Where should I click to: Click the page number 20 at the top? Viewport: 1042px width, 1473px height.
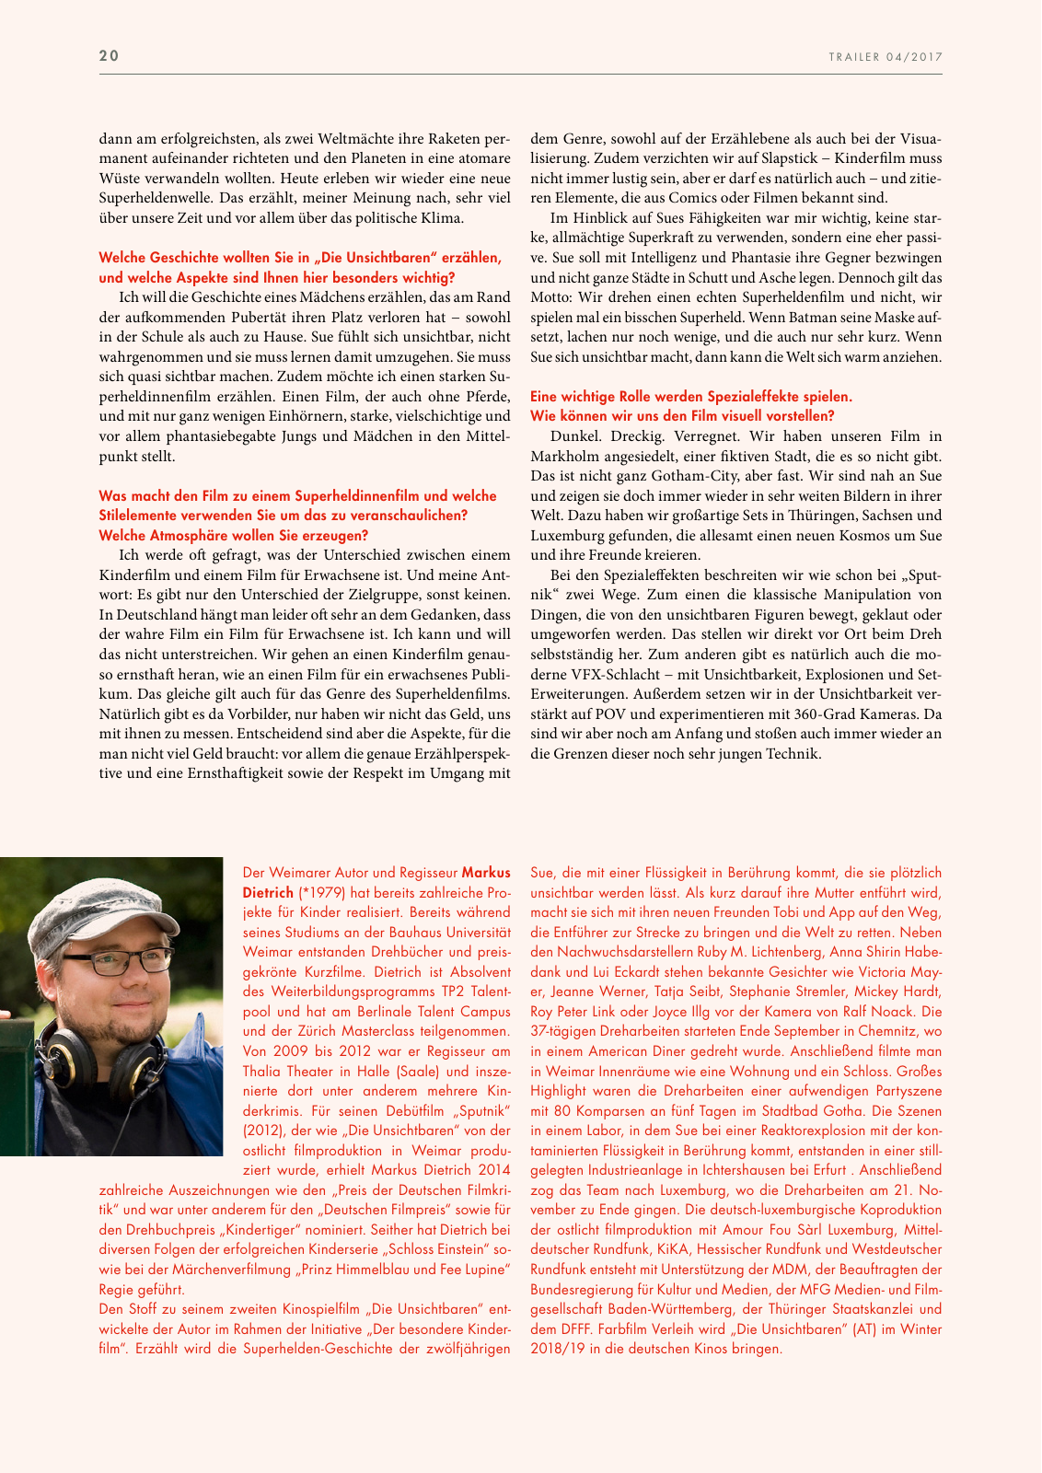click(110, 56)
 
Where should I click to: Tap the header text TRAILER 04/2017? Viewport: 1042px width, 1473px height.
click(886, 57)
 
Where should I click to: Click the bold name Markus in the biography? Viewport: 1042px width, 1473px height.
click(486, 873)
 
